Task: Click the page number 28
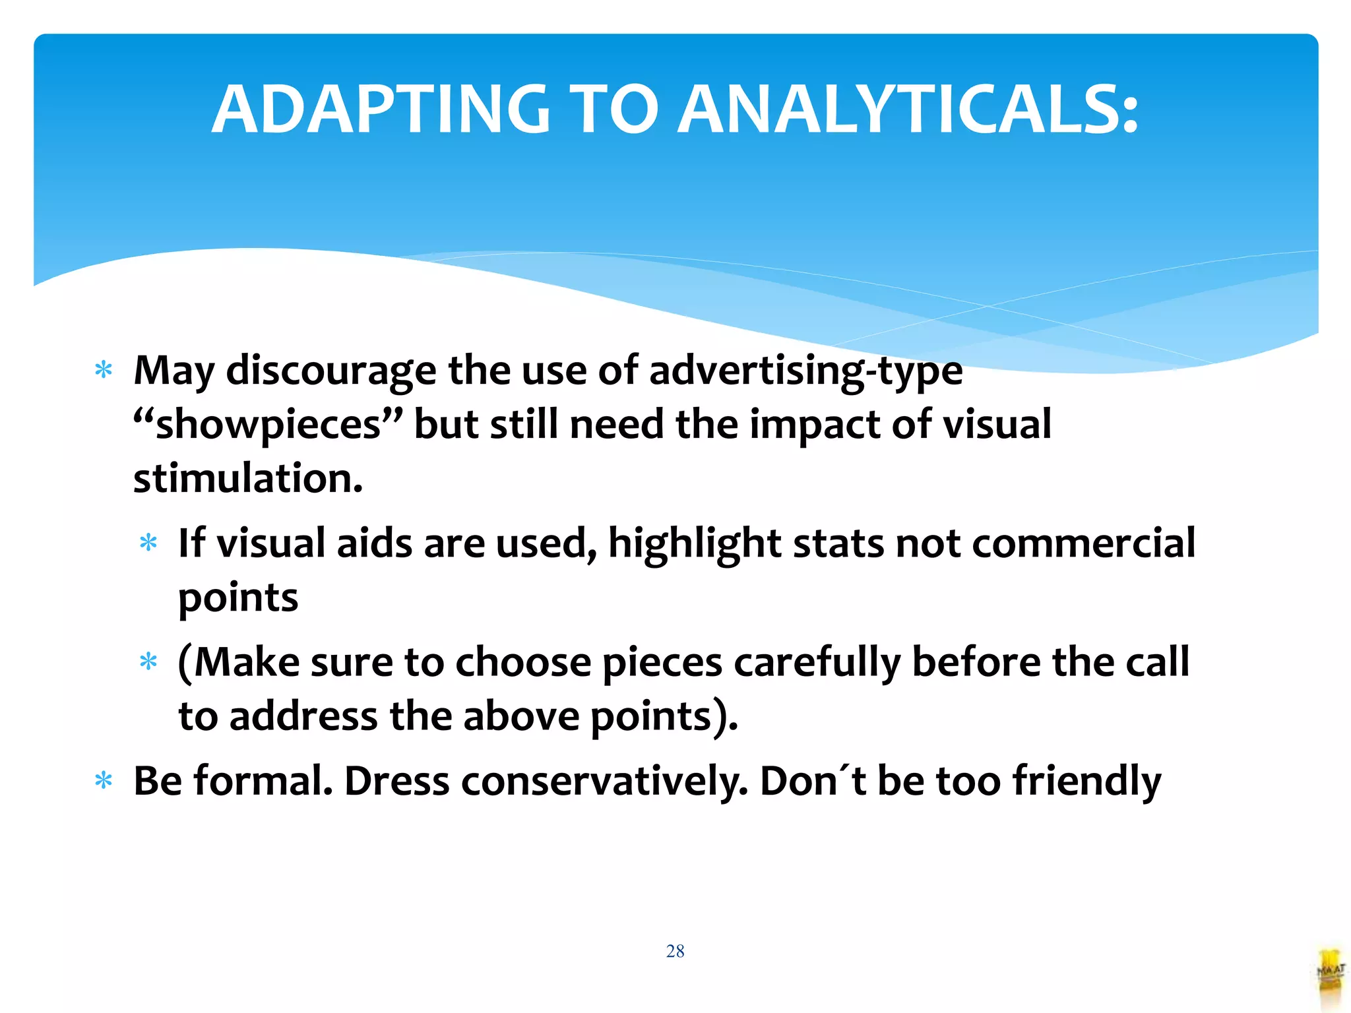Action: pos(675,951)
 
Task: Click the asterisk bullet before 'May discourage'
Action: pos(104,369)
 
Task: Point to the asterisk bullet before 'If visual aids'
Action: pos(148,543)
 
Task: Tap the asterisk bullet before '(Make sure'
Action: pos(148,661)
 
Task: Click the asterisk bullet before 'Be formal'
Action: pos(104,781)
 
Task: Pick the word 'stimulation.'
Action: pos(248,478)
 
